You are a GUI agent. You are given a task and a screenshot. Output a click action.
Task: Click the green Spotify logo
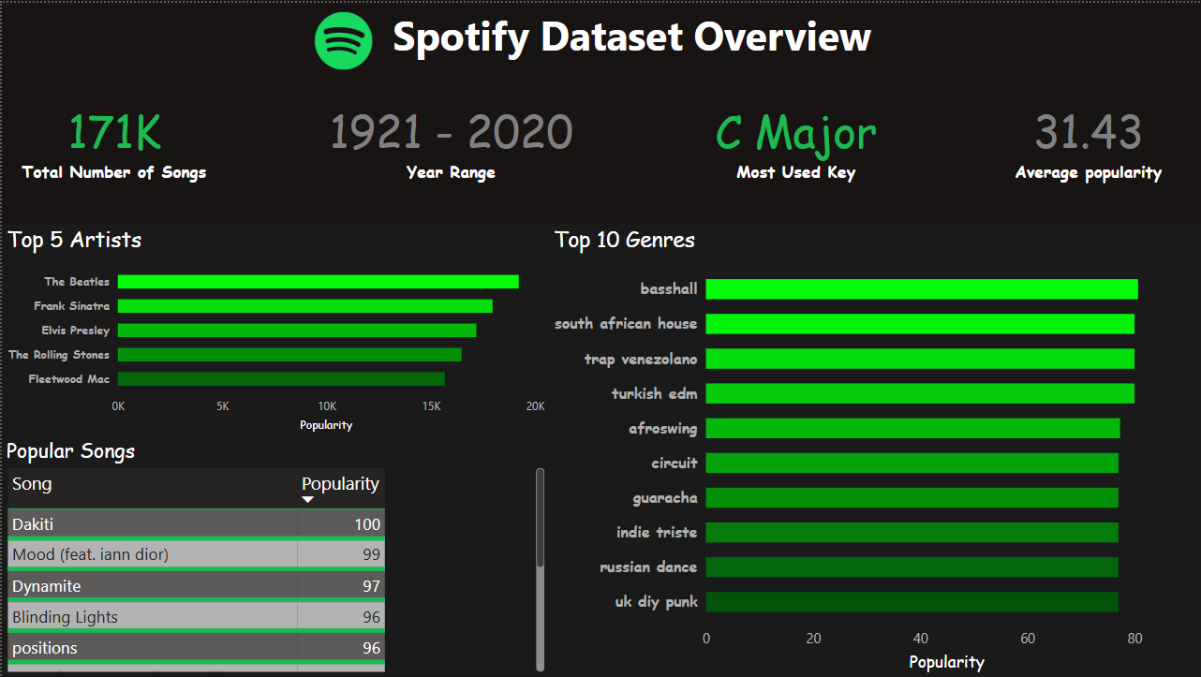(x=343, y=40)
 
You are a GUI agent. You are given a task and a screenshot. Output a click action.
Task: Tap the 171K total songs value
(x=114, y=133)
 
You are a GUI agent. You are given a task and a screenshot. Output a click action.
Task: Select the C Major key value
(x=796, y=133)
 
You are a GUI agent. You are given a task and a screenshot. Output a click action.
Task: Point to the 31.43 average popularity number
(x=1089, y=133)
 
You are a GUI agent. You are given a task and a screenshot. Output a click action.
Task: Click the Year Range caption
(x=451, y=172)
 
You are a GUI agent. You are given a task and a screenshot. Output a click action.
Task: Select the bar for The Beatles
(x=318, y=282)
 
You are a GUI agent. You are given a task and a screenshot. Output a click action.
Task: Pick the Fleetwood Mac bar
(x=281, y=379)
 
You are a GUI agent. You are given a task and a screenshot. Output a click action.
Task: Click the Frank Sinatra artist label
(x=72, y=306)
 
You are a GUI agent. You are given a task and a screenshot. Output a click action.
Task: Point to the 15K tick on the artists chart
(x=431, y=406)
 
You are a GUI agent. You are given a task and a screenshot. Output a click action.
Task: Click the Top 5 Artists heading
(x=75, y=240)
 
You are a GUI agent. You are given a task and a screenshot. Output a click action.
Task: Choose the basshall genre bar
(x=921, y=289)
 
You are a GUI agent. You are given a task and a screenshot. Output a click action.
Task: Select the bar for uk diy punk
(x=912, y=601)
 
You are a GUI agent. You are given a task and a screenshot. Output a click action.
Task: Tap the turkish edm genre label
(x=655, y=393)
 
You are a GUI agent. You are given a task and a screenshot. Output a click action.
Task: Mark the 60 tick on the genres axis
(x=1028, y=639)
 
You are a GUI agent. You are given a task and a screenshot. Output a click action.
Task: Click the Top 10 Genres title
(x=625, y=240)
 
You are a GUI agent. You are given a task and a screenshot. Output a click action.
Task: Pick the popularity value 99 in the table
(x=371, y=555)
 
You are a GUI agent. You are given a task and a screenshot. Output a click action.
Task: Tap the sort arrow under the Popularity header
(x=307, y=500)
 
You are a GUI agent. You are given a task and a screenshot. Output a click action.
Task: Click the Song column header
(x=32, y=484)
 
